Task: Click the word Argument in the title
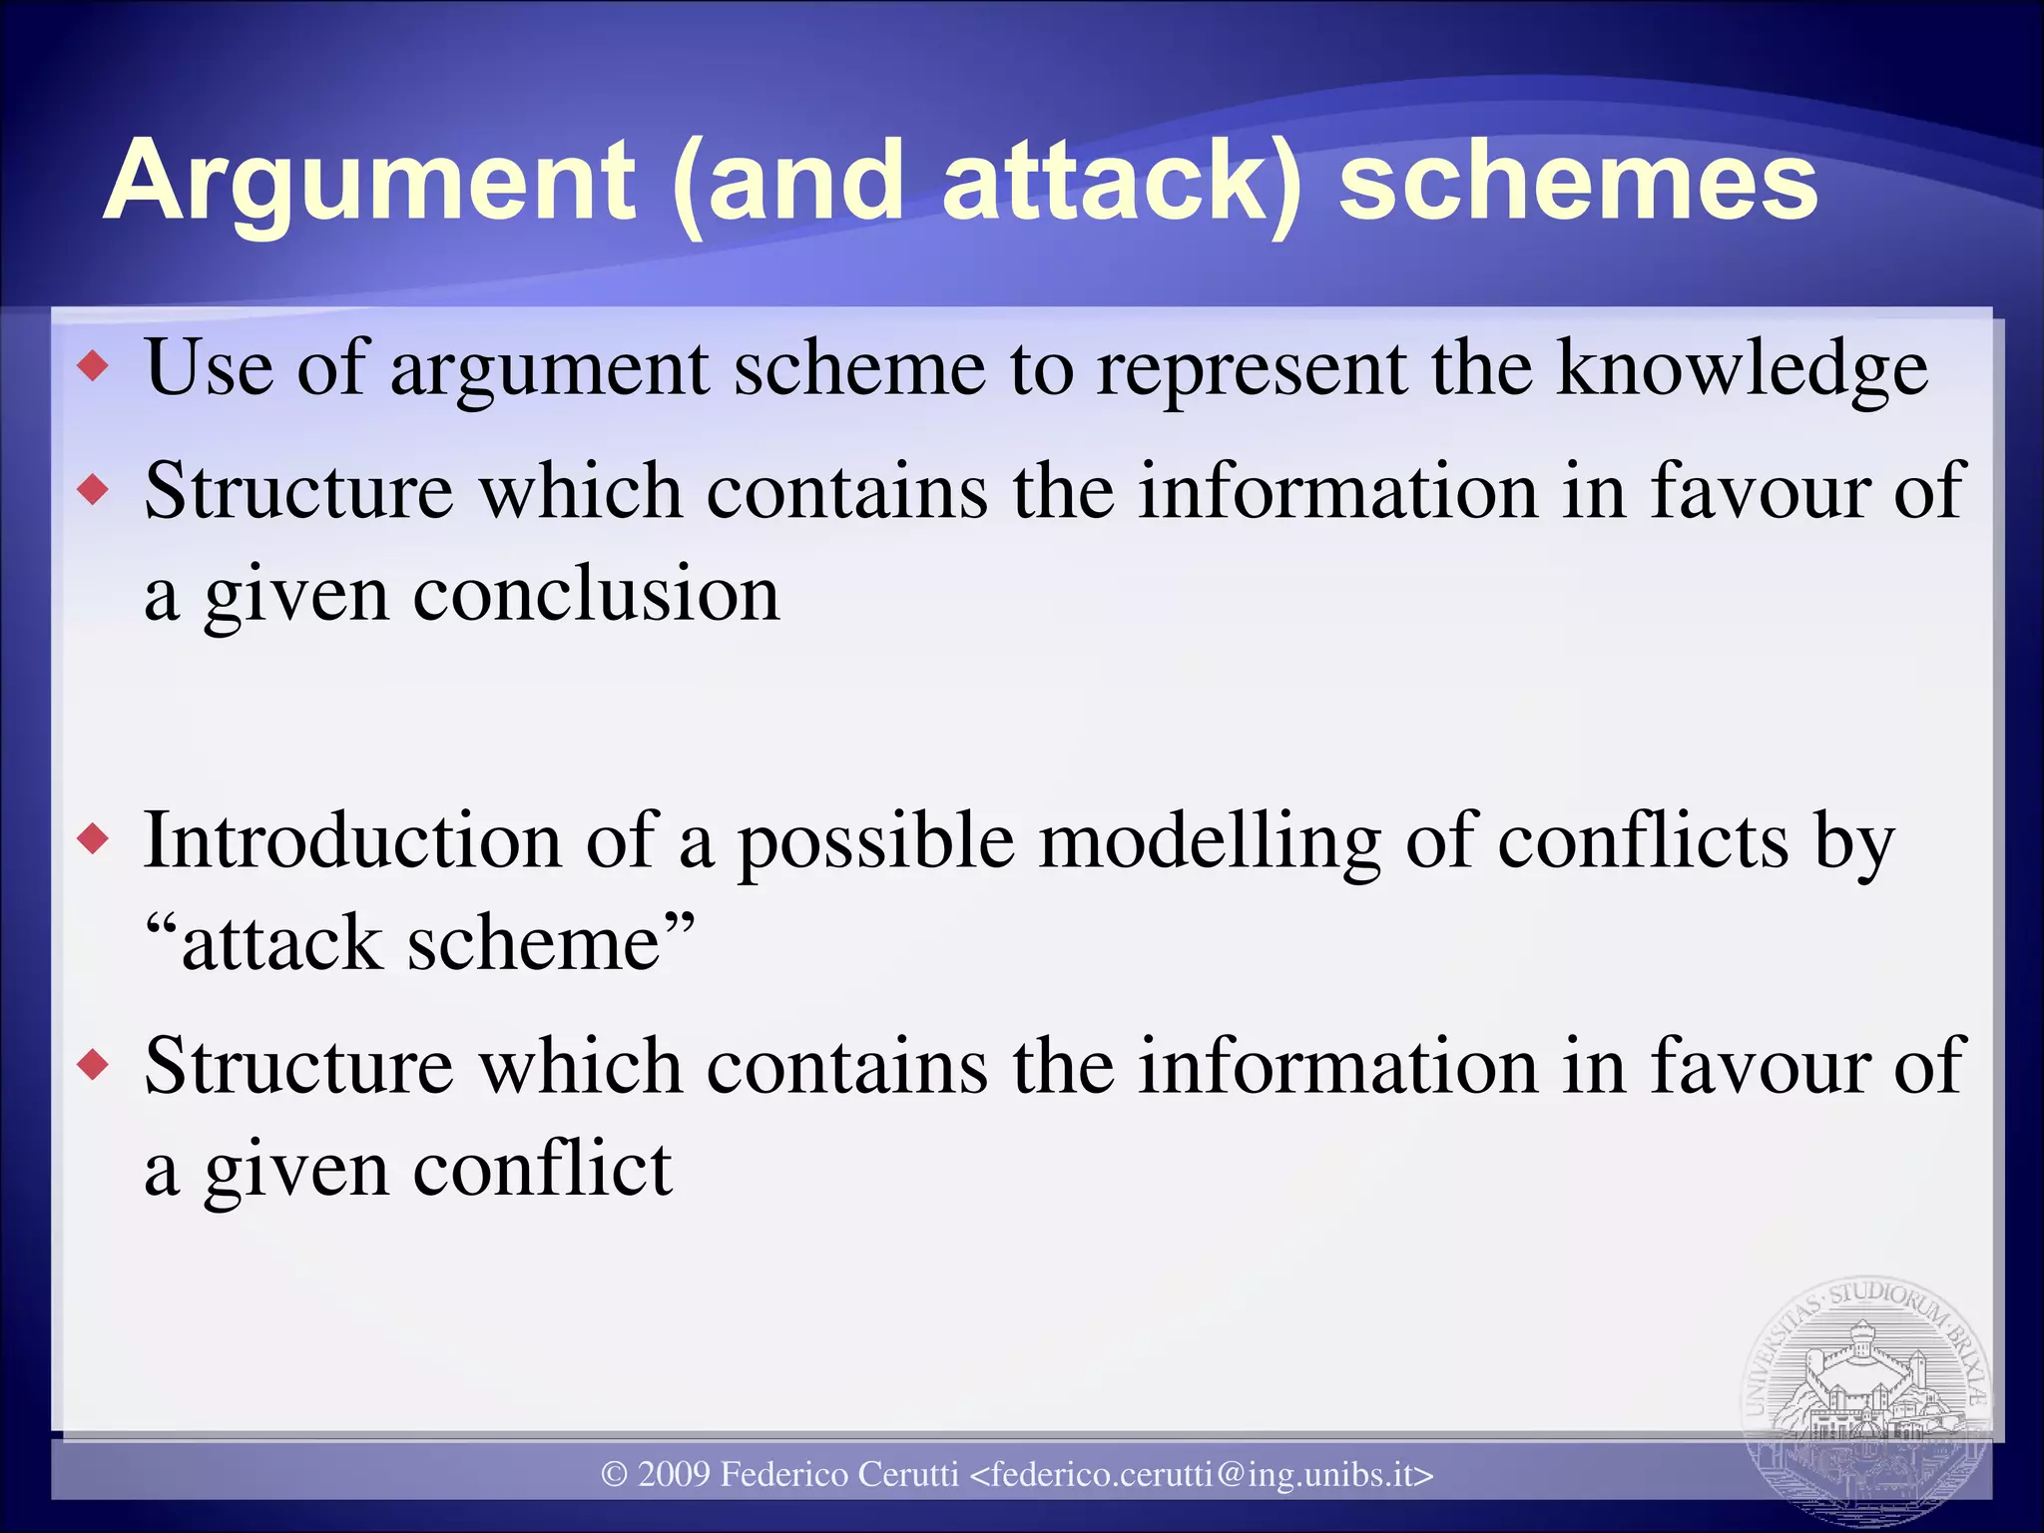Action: point(369,183)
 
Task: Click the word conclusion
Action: point(596,595)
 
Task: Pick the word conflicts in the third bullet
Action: point(1643,840)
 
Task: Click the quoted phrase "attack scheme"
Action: point(419,942)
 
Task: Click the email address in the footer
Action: point(1202,1474)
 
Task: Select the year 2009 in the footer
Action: point(674,1474)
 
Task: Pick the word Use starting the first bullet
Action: point(209,367)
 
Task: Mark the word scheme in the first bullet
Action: point(859,367)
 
